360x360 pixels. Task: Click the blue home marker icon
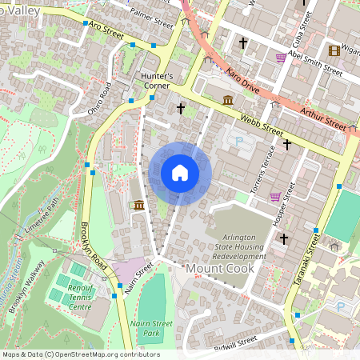(180, 173)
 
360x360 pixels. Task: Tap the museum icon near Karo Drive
(228, 100)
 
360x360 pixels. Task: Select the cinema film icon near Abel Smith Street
(334, 50)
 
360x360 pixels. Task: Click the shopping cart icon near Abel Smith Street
(280, 58)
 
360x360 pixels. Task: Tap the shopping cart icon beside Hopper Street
(275, 197)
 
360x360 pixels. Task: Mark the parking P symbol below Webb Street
(238, 141)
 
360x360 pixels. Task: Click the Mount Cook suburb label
(220, 269)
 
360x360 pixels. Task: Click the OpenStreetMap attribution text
(80, 354)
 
